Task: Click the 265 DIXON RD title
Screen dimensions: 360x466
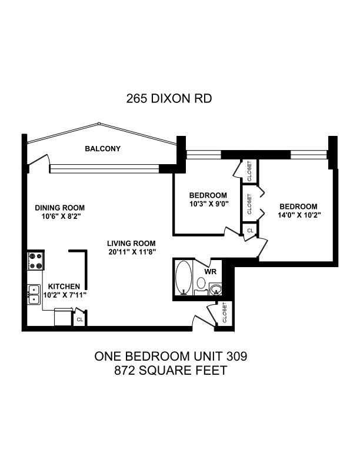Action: point(169,98)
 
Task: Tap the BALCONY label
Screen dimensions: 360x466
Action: point(103,149)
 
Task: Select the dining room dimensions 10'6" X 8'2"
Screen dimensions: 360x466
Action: point(61,217)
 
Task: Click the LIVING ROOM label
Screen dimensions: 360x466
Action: point(131,244)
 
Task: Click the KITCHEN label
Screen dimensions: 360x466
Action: point(64,287)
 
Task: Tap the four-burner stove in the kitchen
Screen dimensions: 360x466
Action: point(36,261)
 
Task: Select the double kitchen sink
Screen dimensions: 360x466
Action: point(34,295)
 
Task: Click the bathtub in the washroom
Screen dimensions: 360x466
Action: point(184,278)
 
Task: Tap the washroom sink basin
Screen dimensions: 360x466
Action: point(216,289)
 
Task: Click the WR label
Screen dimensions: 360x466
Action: point(211,272)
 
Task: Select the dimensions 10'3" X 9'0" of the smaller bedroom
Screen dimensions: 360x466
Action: point(208,204)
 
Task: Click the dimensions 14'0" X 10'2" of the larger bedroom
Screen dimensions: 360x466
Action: point(299,215)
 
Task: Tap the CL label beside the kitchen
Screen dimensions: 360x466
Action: point(79,319)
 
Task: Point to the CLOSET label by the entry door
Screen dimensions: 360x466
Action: point(225,312)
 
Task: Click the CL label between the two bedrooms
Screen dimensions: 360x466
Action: point(251,230)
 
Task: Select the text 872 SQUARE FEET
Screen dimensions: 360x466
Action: point(171,371)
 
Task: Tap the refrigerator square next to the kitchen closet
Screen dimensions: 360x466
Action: point(64,317)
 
